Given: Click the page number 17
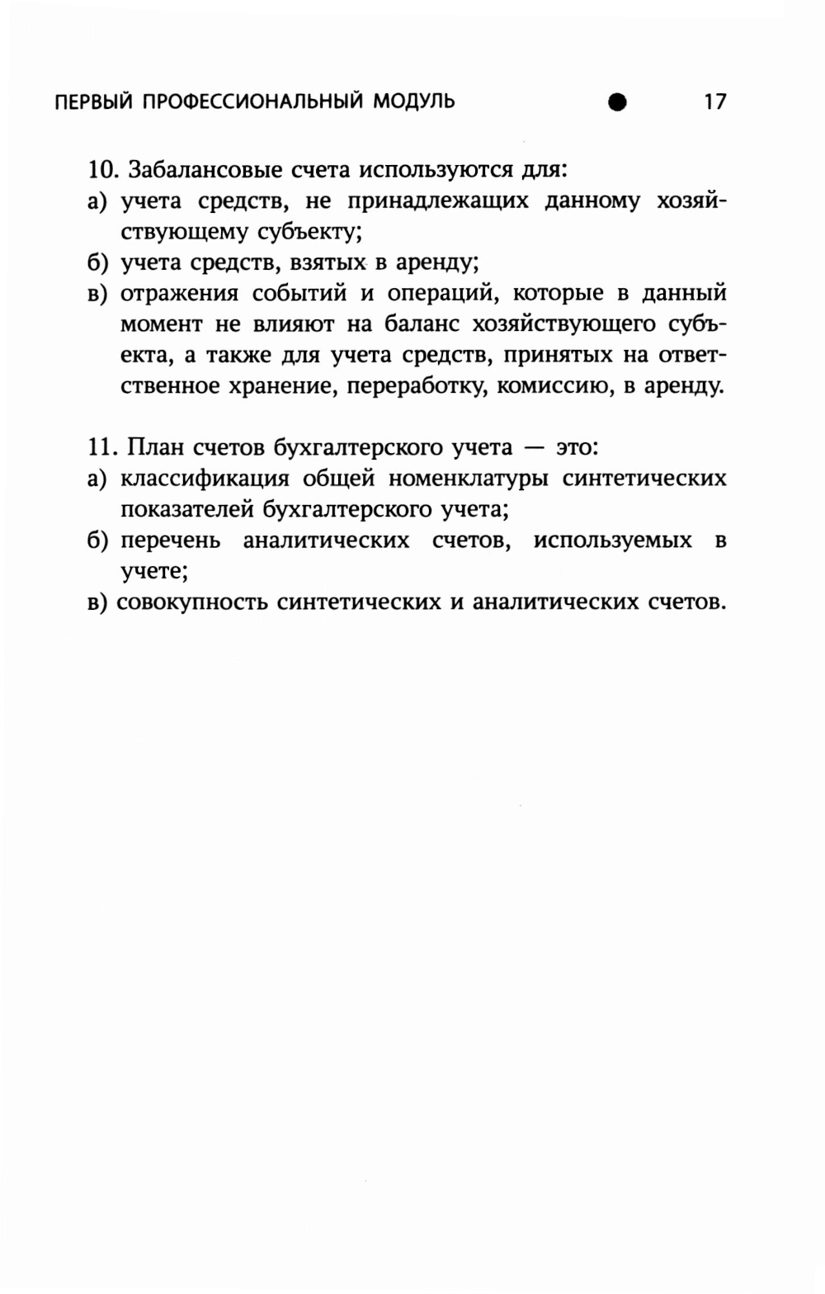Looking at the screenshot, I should (714, 102).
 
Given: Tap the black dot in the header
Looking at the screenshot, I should (616, 102).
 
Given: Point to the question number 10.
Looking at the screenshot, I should (104, 171).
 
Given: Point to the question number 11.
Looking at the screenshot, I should (104, 448).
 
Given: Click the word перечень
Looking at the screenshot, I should (170, 541).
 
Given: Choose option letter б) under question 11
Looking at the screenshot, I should (98, 541).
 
